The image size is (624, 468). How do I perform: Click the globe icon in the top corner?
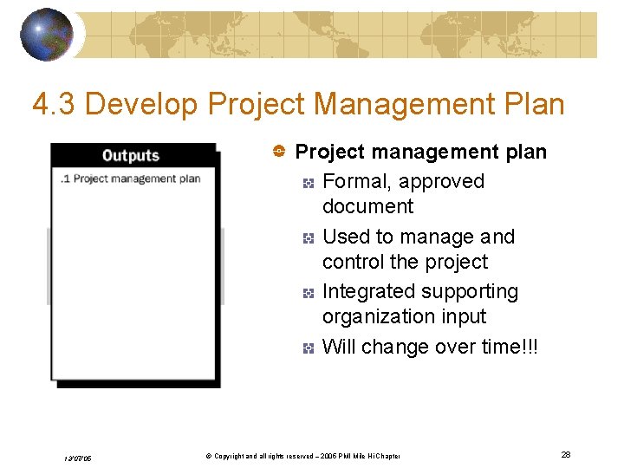47,35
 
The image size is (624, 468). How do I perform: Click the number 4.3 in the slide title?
55,105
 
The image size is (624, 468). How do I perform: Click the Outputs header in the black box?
131,156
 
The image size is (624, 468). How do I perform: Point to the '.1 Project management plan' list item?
131,179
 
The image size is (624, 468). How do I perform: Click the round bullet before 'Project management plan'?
281,152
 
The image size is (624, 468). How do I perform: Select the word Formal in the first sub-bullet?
355,181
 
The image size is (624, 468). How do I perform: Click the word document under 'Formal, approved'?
367,206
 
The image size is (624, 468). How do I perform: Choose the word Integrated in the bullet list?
368,292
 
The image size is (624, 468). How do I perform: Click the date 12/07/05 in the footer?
77,458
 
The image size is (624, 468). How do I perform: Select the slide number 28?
565,455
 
